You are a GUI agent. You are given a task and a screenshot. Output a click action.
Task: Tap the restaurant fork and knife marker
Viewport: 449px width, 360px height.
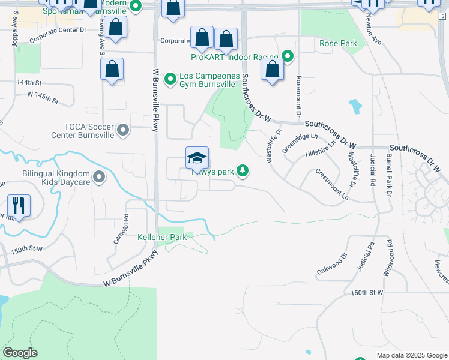coord(19,206)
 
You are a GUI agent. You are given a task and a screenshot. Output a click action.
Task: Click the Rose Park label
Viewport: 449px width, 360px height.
coord(338,43)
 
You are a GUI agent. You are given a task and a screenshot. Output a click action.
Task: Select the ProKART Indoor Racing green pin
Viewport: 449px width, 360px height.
coord(288,57)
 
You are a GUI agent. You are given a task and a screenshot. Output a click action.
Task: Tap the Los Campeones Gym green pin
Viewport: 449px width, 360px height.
coord(170,79)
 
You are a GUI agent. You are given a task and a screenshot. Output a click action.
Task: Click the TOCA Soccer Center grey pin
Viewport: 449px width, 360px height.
coord(124,130)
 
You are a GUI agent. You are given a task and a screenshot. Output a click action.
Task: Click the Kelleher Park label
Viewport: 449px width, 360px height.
coord(162,237)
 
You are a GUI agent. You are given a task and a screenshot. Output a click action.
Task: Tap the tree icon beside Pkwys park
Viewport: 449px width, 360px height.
coord(243,172)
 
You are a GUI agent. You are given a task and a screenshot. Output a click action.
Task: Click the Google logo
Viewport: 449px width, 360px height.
coord(20,353)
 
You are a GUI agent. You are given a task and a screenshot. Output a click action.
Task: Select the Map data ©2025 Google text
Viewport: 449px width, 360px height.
coord(411,355)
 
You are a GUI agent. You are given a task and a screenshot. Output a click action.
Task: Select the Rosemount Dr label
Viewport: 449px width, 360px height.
coord(297,97)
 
